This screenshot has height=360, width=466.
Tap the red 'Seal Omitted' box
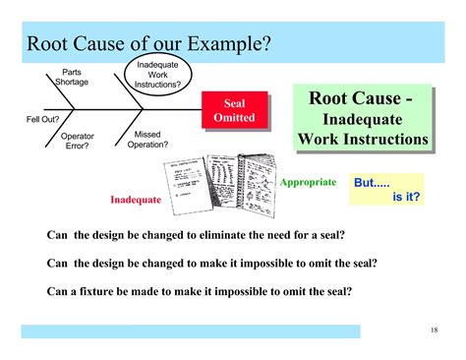tap(234, 111)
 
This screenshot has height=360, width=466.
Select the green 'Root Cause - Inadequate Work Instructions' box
tap(362, 119)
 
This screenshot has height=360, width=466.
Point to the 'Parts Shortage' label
tap(72, 78)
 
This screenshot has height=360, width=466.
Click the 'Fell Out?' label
tap(42, 119)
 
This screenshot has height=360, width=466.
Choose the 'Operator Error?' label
tap(77, 141)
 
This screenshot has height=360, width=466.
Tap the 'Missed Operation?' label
tap(147, 140)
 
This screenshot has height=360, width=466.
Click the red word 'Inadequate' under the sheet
tap(136, 200)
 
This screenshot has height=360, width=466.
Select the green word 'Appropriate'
tap(308, 183)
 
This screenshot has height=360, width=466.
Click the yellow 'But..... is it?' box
tap(386, 189)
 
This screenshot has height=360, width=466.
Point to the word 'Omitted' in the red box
tap(234, 118)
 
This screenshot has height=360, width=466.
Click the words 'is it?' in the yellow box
tap(406, 197)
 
